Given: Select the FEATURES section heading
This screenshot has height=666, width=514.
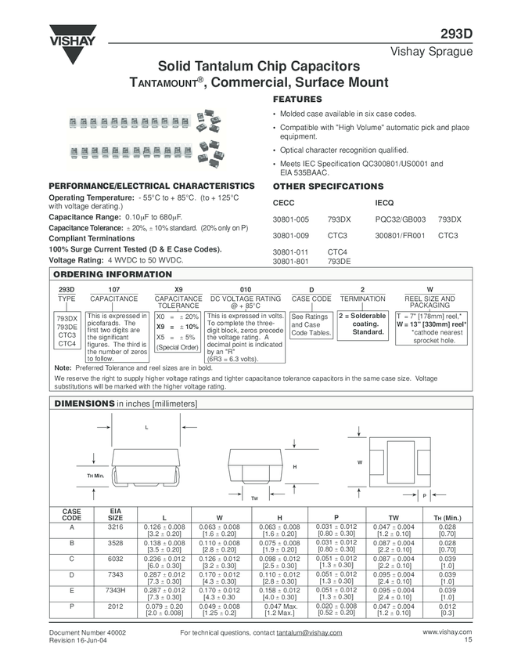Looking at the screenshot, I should tap(297, 100).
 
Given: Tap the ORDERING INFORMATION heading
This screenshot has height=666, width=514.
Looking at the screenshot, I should tap(112, 274).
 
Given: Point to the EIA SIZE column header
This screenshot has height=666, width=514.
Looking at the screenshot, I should tap(114, 514).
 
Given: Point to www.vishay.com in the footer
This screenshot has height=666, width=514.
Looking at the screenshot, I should tap(448, 632).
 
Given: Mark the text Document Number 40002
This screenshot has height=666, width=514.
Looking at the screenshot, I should tap(88, 632).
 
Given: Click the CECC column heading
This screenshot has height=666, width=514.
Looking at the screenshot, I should tap(282, 203).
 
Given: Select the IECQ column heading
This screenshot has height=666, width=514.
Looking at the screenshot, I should tap(386, 203).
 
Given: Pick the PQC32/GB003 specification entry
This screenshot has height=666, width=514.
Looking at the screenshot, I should tap(401, 219).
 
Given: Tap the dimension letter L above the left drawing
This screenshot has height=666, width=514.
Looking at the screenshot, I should tap(146, 427).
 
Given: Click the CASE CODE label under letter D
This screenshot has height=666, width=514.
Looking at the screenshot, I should tap(311, 299).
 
